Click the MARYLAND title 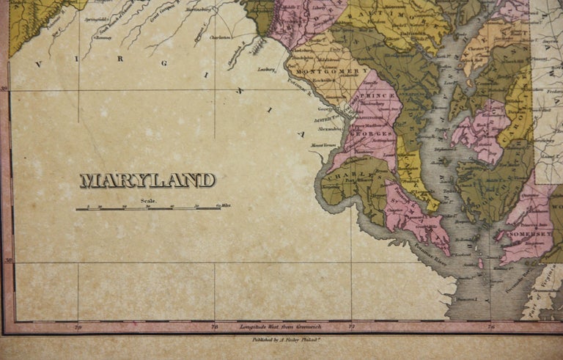pyautogui.click(x=147, y=180)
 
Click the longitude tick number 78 pyautogui.click(x=214, y=325)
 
